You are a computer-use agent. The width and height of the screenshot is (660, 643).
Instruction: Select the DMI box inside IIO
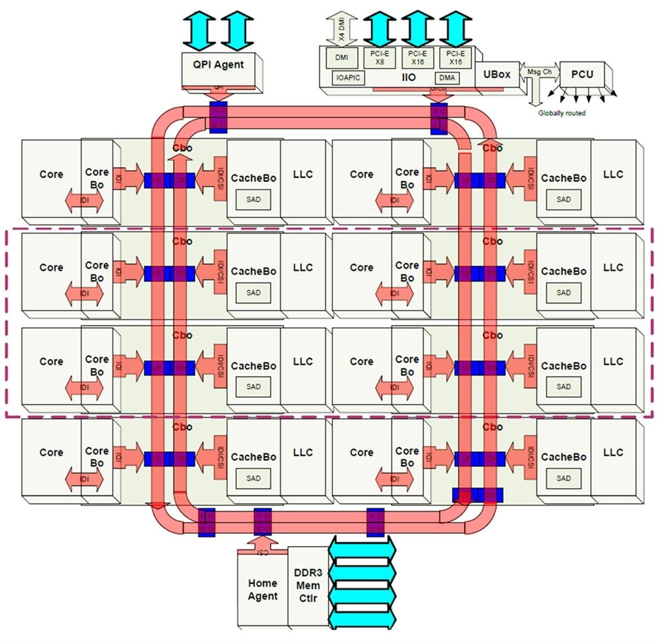tap(341, 58)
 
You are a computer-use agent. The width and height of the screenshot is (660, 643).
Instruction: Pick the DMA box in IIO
tap(447, 78)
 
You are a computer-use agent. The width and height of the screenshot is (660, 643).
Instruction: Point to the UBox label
tap(496, 74)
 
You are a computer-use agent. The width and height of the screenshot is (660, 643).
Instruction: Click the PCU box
tap(582, 74)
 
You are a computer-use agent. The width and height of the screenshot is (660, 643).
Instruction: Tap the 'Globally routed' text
tap(561, 113)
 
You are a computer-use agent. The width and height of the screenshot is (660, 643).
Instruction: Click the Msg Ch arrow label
tap(539, 72)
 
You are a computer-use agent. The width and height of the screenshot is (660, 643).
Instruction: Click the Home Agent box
tap(262, 590)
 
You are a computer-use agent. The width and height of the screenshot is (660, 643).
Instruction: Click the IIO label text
tap(408, 77)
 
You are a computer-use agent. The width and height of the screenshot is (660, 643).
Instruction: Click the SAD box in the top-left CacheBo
tap(253, 199)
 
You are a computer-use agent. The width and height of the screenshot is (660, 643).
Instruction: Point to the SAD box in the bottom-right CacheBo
tap(564, 478)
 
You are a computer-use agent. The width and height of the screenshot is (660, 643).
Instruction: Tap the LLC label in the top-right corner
tap(613, 174)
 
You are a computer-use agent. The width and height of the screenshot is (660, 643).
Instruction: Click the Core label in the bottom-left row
tap(51, 452)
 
